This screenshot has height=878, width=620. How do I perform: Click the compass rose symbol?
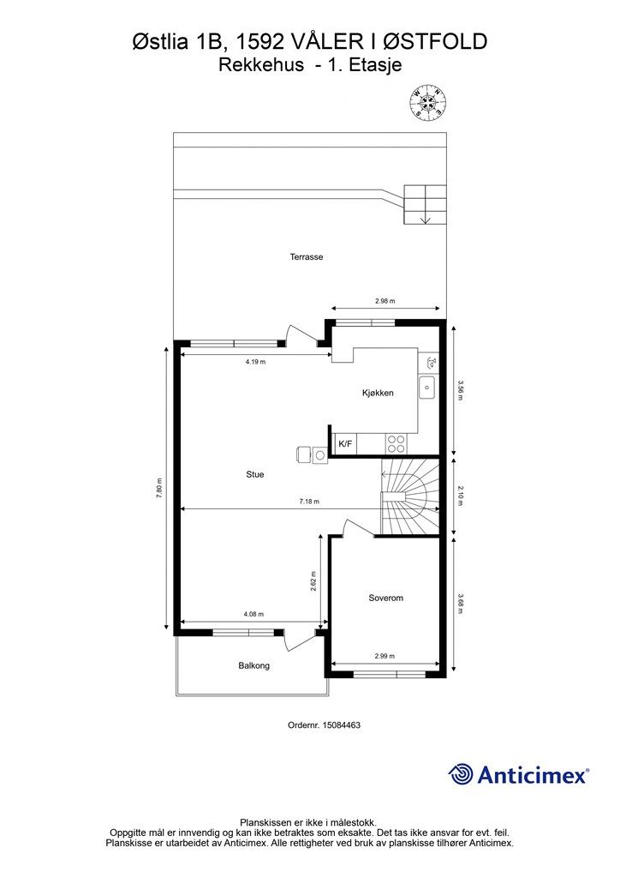(428, 102)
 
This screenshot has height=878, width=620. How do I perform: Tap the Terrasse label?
(307, 257)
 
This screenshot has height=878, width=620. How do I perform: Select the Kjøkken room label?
(378, 393)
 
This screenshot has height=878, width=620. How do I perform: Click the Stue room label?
(255, 474)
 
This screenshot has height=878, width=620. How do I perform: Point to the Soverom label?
(385, 598)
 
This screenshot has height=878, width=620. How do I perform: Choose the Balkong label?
(253, 665)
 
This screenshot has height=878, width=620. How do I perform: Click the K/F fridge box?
(345, 444)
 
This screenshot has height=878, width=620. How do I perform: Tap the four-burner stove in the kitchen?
(396, 443)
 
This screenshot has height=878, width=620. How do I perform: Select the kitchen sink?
(427, 387)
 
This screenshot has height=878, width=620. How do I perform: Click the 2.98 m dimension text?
(385, 301)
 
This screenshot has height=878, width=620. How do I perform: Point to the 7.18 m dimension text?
(308, 502)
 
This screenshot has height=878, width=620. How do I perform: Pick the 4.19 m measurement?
(255, 362)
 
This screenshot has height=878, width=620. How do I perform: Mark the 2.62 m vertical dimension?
(313, 581)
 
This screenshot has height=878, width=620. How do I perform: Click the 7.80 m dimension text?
(159, 488)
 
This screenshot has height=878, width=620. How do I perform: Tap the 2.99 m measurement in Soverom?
(385, 656)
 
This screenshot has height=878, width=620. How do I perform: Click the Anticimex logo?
(518, 775)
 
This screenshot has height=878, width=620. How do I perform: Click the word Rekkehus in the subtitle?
(261, 65)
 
